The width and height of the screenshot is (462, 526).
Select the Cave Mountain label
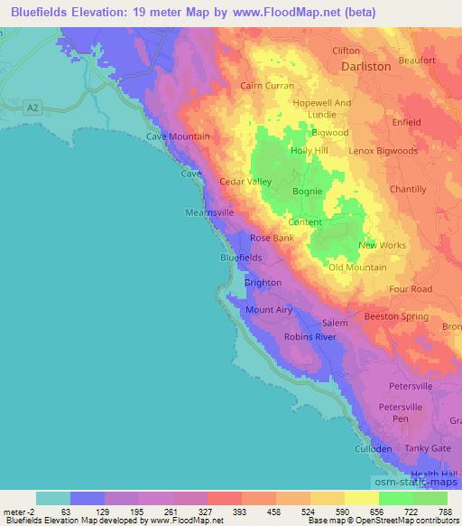pyautogui.click(x=178, y=136)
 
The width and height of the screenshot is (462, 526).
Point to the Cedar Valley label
pyautogui.click(x=245, y=182)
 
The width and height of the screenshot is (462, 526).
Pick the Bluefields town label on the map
pyautogui.click(x=241, y=258)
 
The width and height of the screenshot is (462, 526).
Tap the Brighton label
pyautogui.click(x=263, y=283)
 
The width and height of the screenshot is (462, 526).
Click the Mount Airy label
pyautogui.click(x=269, y=310)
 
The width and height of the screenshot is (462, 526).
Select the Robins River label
pyautogui.click(x=310, y=337)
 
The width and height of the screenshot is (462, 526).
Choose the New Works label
pyautogui.click(x=382, y=246)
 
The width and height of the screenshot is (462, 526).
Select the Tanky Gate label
pyautogui.click(x=428, y=448)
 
